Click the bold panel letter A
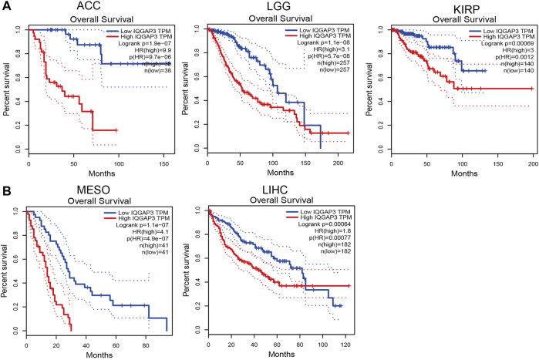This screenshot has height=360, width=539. coord(6,7)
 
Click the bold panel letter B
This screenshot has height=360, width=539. coord(6,185)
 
